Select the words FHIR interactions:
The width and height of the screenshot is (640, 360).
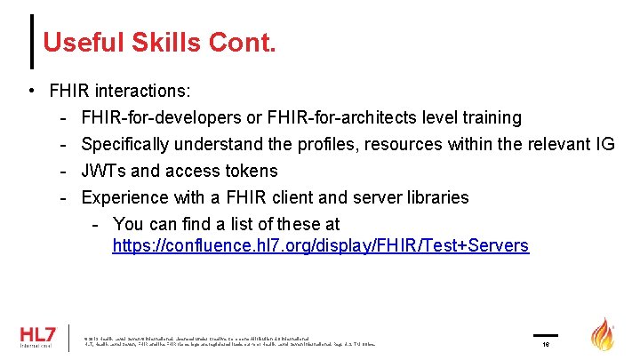120,91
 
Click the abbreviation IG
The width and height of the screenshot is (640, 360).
604,144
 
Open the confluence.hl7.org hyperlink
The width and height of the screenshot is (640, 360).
320,245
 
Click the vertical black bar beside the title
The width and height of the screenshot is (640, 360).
33,41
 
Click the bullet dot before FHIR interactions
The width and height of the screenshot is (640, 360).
31,91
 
